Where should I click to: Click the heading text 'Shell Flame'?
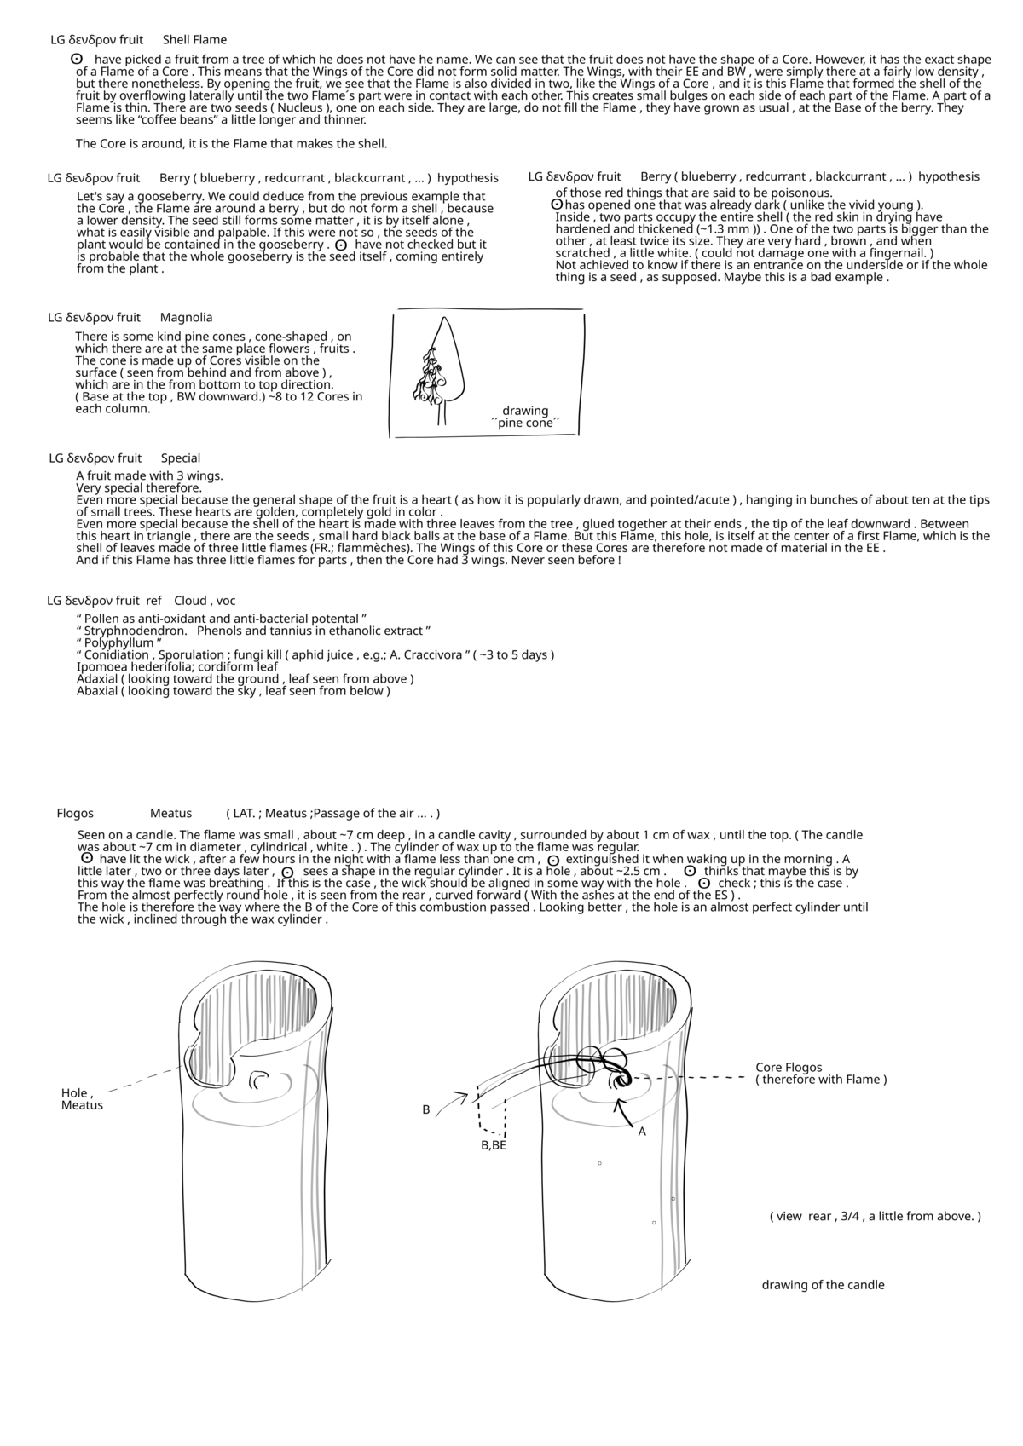point(194,40)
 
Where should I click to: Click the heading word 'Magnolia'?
point(186,318)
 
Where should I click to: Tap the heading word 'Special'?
point(180,458)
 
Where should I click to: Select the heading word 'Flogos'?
point(75,814)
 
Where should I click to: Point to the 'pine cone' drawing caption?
point(525,417)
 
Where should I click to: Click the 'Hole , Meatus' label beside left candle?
point(81,1099)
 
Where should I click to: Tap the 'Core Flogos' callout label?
point(789,1068)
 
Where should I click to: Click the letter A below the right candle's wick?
point(642,1132)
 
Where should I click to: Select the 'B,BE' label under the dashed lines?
point(493,1146)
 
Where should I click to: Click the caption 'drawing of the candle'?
point(823,1285)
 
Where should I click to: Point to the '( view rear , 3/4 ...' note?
point(875,1216)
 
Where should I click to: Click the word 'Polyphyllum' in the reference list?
point(118,643)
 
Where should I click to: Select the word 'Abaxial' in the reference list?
point(96,691)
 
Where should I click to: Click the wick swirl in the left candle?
point(258,1080)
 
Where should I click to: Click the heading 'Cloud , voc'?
point(205,601)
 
